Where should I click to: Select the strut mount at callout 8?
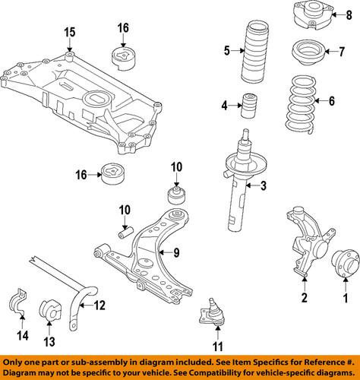(310, 15)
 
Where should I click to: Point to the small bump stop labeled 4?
(248, 105)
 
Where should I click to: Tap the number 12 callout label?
(99, 307)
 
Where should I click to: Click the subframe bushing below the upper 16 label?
(122, 59)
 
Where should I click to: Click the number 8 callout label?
(348, 15)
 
